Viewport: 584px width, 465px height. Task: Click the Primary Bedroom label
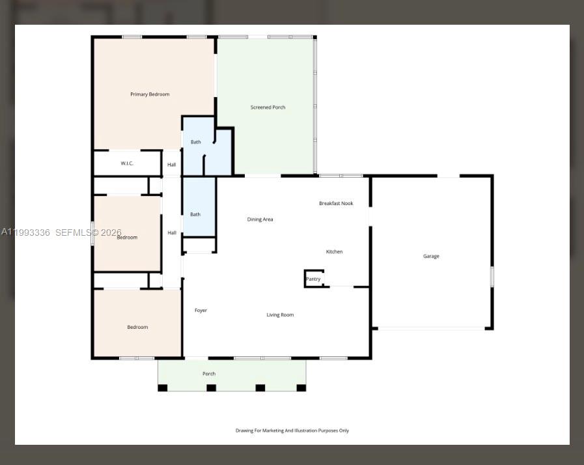click(x=150, y=94)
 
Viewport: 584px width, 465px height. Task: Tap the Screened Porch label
click(x=268, y=107)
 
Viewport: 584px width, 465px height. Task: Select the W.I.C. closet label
click(x=127, y=163)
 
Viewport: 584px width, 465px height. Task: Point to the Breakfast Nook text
click(x=336, y=204)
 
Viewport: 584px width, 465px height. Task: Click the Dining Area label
click(x=260, y=219)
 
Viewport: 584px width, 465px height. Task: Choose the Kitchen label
click(x=334, y=252)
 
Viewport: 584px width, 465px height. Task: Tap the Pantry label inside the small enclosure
click(x=313, y=279)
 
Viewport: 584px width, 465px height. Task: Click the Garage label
click(x=431, y=257)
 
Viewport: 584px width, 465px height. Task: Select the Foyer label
click(x=201, y=311)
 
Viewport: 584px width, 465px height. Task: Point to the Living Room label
click(x=280, y=315)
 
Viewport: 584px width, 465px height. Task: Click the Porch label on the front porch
click(x=209, y=374)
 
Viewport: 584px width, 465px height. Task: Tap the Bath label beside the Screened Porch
click(x=195, y=142)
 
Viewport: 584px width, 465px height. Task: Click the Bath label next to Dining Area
click(x=195, y=214)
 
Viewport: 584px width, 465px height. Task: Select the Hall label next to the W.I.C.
click(x=171, y=165)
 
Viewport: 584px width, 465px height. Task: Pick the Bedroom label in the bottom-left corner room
click(x=137, y=328)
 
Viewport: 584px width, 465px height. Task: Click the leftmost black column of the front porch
click(x=163, y=388)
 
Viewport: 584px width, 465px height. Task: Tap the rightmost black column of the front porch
click(x=301, y=388)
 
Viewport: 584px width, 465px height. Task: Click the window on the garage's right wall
click(x=492, y=277)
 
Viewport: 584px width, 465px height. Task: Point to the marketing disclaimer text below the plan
click(x=292, y=430)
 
